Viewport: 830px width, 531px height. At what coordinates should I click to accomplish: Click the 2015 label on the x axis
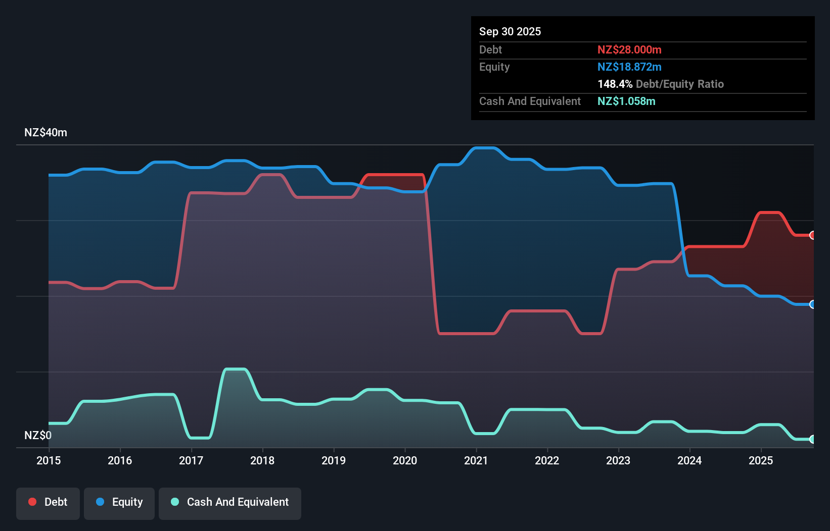[x=49, y=460]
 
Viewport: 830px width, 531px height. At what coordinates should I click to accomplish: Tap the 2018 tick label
[x=262, y=460]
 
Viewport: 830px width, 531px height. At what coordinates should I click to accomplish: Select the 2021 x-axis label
[x=476, y=460]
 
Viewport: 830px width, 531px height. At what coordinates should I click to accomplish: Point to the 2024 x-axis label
[x=689, y=460]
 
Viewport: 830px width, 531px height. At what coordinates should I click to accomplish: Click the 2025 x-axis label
[x=761, y=460]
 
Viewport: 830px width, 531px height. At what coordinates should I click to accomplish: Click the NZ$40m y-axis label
[x=45, y=133]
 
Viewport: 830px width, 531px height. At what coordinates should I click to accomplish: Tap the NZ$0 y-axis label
[x=38, y=435]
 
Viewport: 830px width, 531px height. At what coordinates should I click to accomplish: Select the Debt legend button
[x=48, y=502]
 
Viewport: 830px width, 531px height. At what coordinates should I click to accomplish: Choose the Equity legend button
[x=119, y=502]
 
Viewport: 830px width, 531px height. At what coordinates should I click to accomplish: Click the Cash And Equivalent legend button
[x=230, y=502]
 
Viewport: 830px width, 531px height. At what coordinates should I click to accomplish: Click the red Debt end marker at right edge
[x=813, y=235]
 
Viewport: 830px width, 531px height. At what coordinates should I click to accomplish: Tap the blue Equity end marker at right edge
[x=813, y=304]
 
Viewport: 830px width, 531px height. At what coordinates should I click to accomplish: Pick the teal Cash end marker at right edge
[x=813, y=439]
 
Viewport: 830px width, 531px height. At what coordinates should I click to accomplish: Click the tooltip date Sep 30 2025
[x=510, y=31]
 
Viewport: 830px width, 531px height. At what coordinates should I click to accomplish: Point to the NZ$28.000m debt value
[x=629, y=49]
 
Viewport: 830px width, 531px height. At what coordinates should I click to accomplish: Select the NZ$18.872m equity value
[x=629, y=67]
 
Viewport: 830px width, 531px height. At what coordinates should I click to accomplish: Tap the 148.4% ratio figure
[x=615, y=84]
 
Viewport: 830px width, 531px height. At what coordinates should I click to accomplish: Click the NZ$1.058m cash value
[x=626, y=101]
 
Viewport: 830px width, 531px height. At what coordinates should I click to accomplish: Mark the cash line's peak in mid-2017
[x=235, y=369]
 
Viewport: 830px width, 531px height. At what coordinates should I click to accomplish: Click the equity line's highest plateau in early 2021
[x=484, y=148]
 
